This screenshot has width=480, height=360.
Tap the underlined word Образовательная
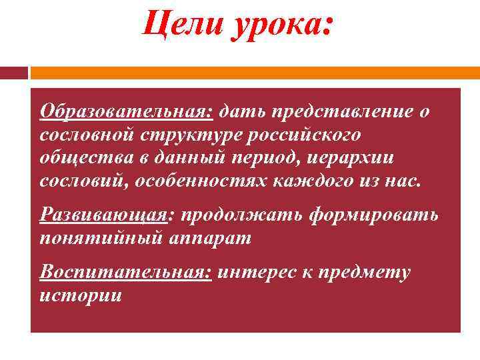pos(126,112)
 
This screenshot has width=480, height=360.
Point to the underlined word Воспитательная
pos(125,273)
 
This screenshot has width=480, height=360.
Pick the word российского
pos(304,135)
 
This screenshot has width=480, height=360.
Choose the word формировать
pos(375,216)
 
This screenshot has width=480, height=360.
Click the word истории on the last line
pos(81,295)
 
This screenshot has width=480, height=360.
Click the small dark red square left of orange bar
pos(14,73)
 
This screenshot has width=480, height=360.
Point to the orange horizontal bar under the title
pos(254,73)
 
